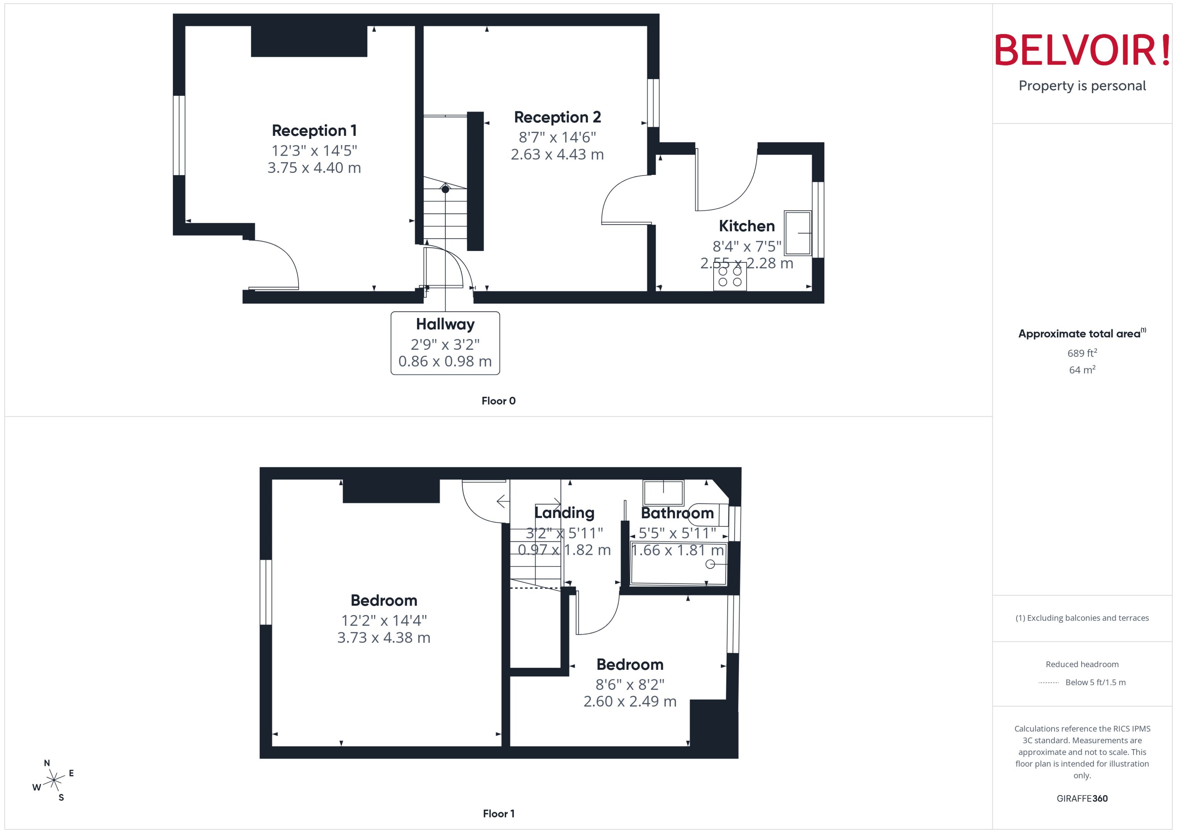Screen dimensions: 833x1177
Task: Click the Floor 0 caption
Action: point(498,401)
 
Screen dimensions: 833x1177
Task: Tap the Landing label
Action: point(564,513)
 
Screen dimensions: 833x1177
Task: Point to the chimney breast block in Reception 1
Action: point(309,41)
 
